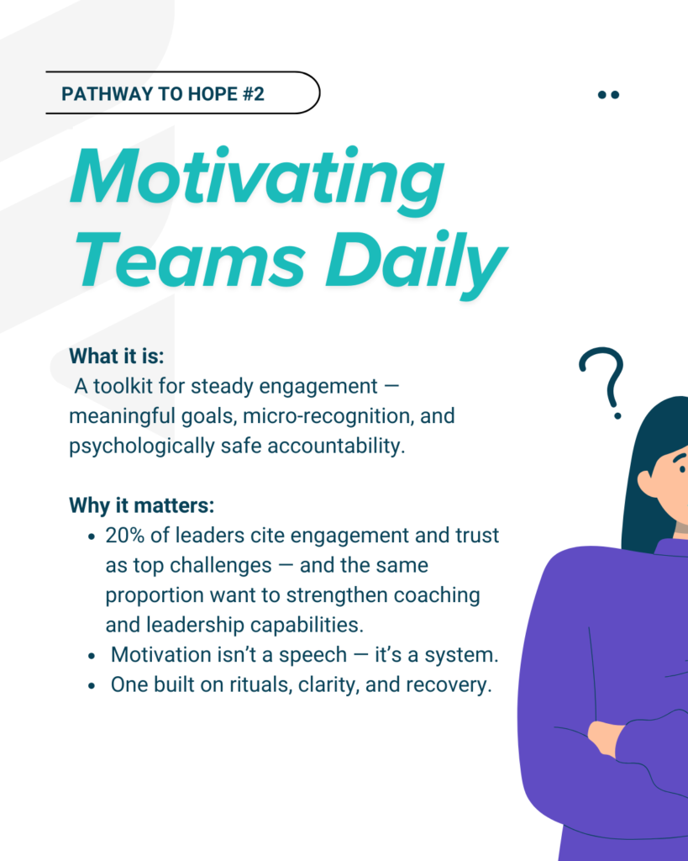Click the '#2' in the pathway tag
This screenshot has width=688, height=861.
point(254,94)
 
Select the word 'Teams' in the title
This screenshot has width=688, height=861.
point(190,260)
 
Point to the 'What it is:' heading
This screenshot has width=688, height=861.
point(116,356)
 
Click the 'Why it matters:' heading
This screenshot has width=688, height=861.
point(142,505)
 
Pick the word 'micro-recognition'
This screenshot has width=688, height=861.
point(328,415)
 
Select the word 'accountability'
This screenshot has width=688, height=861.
point(336,446)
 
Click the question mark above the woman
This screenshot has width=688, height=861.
point(604,383)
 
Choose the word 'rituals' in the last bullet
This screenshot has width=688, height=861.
point(260,684)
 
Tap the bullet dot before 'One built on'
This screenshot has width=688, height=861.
point(92,686)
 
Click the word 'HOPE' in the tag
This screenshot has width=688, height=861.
point(213,94)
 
